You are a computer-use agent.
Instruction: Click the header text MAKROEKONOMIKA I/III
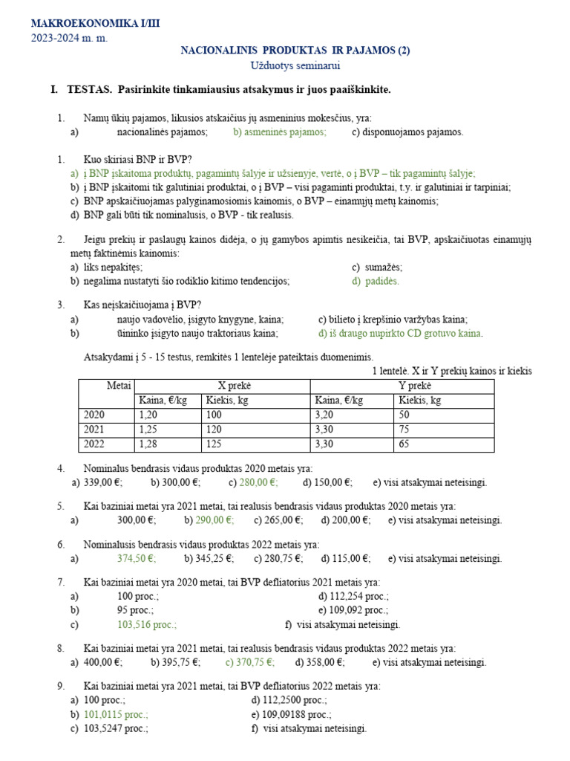[x=95, y=24]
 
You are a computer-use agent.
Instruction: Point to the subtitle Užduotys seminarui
[x=295, y=65]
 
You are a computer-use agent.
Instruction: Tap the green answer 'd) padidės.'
[x=376, y=281]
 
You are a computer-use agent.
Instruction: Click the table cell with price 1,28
[x=150, y=444]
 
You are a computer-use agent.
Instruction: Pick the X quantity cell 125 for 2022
[x=215, y=444]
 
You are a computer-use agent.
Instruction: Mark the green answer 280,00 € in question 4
[x=254, y=482]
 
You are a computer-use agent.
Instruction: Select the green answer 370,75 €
[x=249, y=662]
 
